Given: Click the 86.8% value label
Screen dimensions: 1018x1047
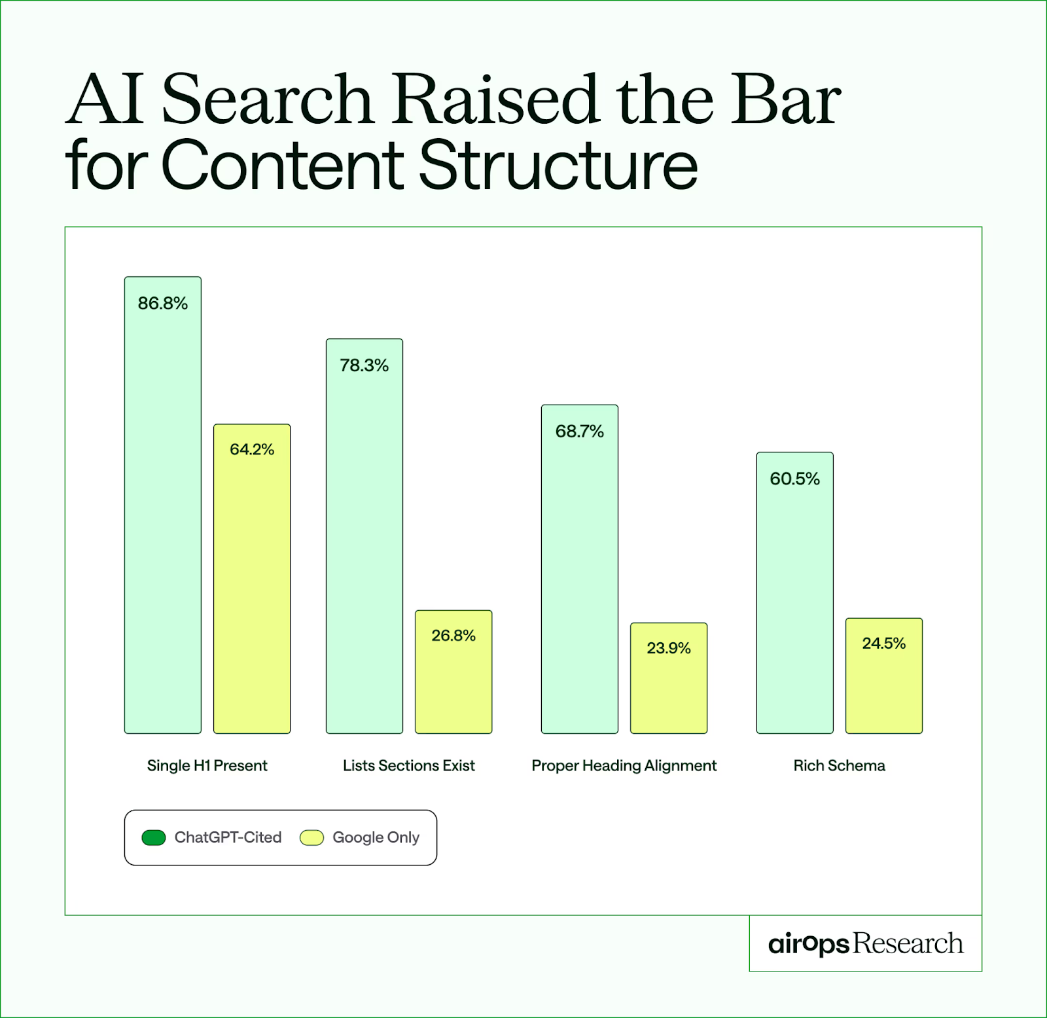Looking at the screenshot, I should tap(162, 303).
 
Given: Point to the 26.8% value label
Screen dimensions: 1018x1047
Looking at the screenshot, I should tap(453, 636).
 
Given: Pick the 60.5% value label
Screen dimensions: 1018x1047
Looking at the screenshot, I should tap(794, 479).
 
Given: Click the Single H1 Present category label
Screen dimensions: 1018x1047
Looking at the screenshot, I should tap(207, 765).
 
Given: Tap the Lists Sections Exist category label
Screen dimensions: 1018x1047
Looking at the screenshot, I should tap(409, 765).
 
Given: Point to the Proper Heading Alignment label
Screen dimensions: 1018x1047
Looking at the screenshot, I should tap(624, 765).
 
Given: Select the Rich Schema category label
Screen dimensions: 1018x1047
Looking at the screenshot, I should tap(839, 765).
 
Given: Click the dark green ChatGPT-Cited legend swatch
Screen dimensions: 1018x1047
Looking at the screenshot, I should tap(154, 837).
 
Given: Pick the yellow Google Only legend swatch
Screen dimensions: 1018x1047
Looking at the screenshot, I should tap(311, 837).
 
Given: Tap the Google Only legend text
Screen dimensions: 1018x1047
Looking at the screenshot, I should tap(376, 837).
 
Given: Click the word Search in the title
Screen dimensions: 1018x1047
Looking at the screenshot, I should tap(267, 100).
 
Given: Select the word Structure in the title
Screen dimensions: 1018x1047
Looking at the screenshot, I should tap(558, 164).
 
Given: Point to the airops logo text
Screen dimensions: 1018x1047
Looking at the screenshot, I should tap(809, 944).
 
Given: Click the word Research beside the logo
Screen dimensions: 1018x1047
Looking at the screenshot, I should tap(908, 943).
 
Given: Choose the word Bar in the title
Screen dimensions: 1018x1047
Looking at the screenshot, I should tap(785, 100).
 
